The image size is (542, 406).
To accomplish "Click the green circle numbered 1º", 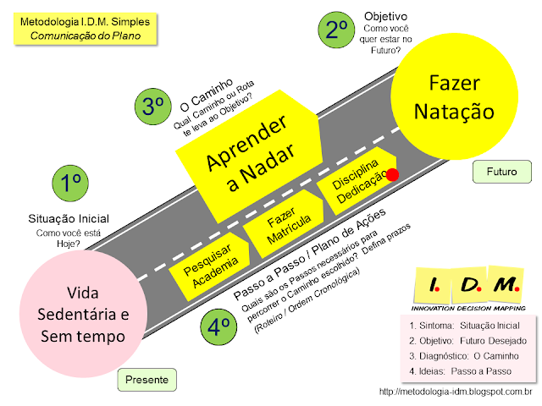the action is coord(70,183).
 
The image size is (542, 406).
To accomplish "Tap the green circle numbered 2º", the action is coord(336,30).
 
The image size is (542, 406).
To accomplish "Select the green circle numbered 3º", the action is coord(152,107).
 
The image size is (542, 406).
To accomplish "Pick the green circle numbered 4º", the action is coord(218,326).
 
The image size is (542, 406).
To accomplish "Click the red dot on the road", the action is coord(392,175).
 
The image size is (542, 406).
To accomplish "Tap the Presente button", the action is coord(147,380).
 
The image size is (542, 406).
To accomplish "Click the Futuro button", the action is coord(502,172).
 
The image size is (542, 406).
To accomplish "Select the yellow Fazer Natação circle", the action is coord(454,96).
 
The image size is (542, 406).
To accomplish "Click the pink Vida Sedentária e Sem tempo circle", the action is coord(83,314).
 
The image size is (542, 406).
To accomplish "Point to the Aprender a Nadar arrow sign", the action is coord(250,156).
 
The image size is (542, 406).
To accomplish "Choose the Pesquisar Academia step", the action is coord(210,266).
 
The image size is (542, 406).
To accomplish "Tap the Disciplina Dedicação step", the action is coord(357,181).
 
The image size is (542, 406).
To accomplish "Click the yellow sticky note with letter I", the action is coord(433,286).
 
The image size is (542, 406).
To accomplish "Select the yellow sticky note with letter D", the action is coord(470,285).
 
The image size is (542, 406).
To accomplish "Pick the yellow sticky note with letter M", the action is coord(506,284).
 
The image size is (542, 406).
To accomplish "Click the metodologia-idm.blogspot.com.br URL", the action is coord(456,392).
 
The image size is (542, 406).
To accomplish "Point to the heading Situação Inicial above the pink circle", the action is coord(69,218).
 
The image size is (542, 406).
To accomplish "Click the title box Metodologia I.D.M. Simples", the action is coord(85,29).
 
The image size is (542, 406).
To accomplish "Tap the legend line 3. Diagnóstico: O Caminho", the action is coord(464,356).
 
